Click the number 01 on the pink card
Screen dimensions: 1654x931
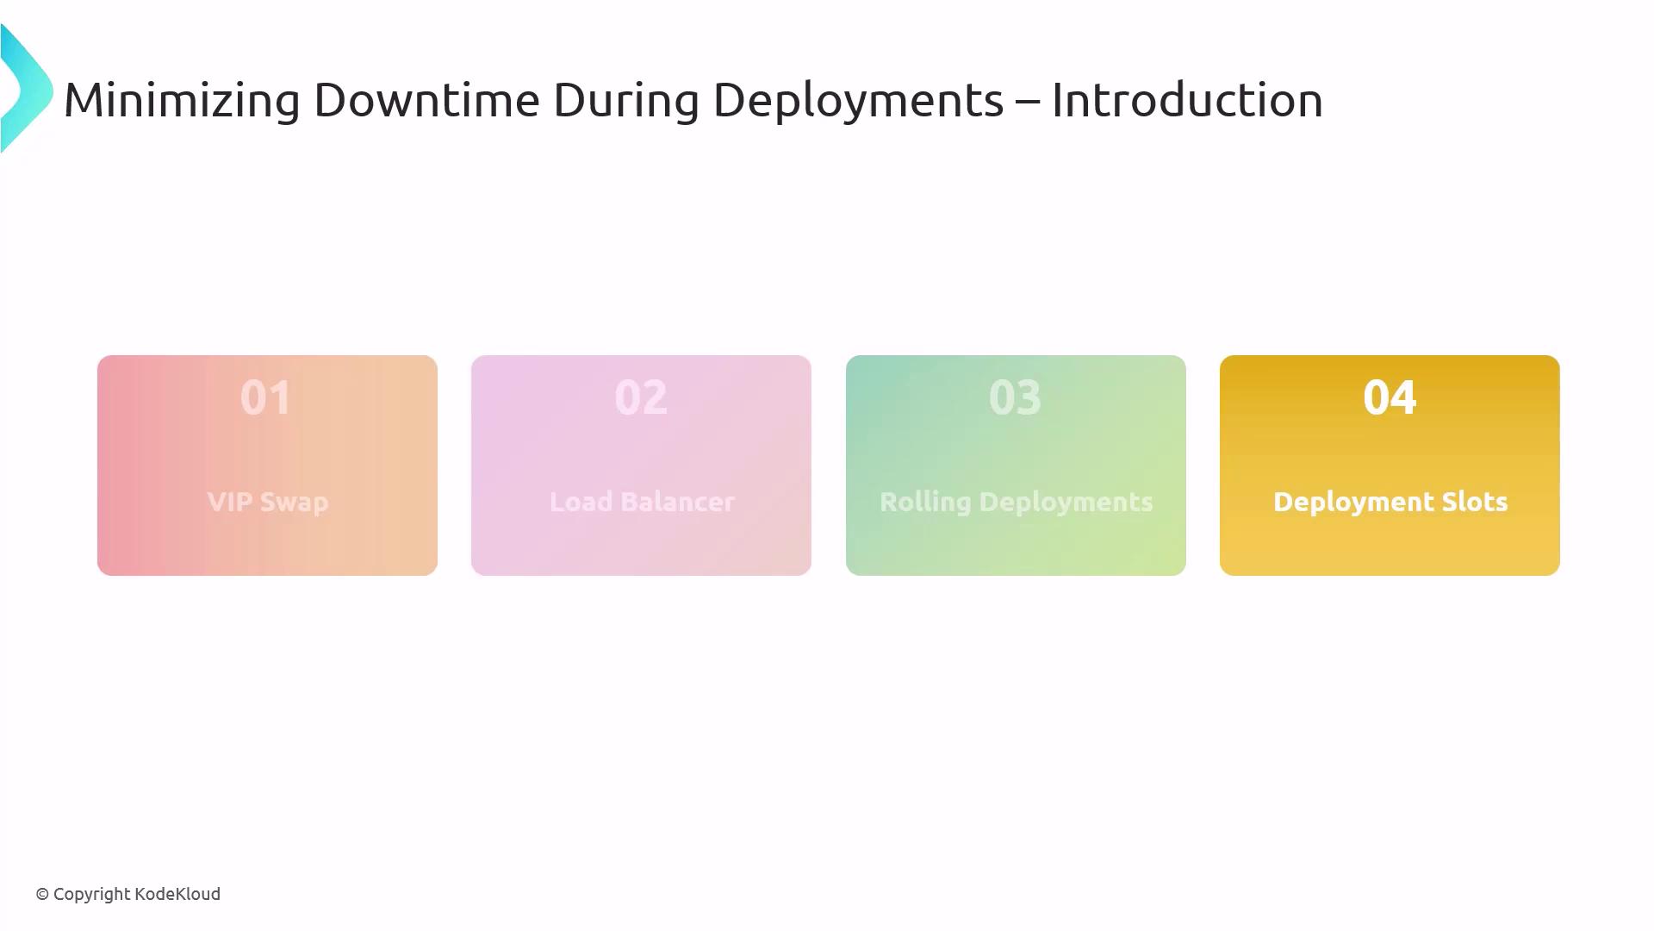(x=266, y=397)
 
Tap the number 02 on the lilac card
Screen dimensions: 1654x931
(x=641, y=397)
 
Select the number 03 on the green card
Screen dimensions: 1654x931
(x=1015, y=397)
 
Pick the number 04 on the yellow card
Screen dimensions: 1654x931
(x=1390, y=397)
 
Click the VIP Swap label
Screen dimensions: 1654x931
(x=268, y=503)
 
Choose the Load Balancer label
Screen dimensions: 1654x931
(x=642, y=502)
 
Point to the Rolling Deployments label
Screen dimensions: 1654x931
(x=1016, y=503)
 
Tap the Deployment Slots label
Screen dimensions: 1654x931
(x=1390, y=503)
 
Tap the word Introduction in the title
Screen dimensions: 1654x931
(x=1187, y=100)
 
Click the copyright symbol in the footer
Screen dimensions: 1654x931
(x=42, y=895)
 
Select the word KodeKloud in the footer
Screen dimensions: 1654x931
(x=177, y=894)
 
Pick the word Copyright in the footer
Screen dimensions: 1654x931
(x=91, y=895)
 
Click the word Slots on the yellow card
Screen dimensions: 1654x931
(x=1476, y=502)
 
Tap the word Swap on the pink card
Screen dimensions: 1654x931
(x=294, y=503)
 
